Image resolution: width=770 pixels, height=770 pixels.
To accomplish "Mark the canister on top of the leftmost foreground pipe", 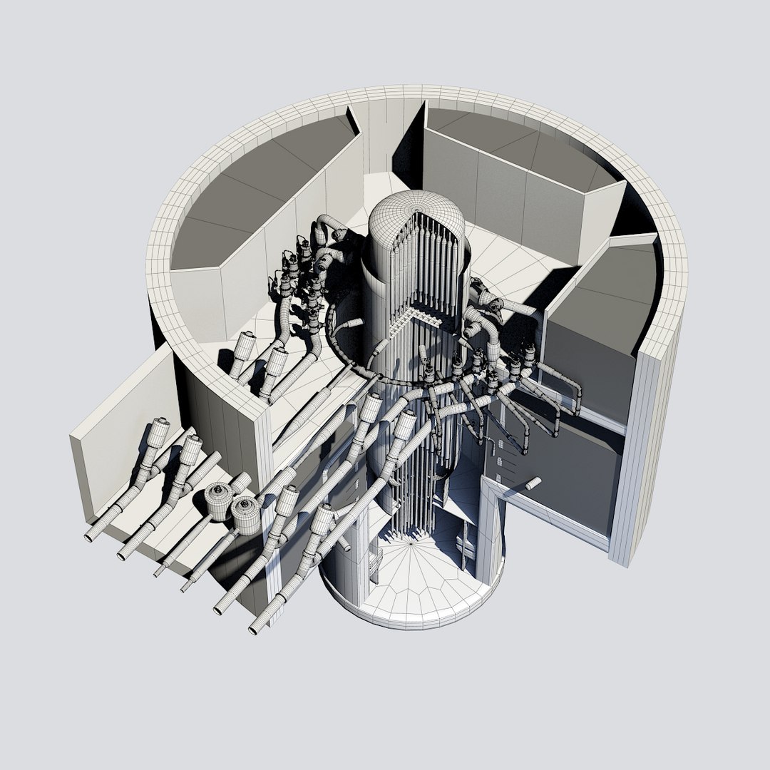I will [x=157, y=432].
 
